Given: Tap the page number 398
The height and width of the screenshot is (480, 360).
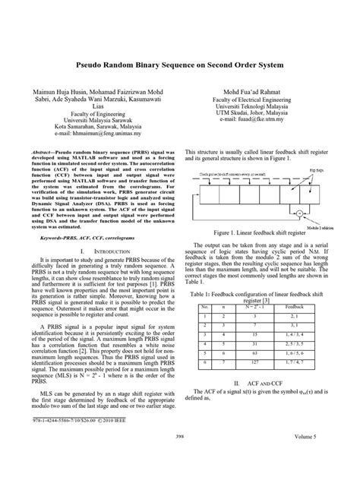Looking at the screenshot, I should [x=179, y=459].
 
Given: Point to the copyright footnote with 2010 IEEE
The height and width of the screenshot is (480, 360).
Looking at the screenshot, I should [x=81, y=441].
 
